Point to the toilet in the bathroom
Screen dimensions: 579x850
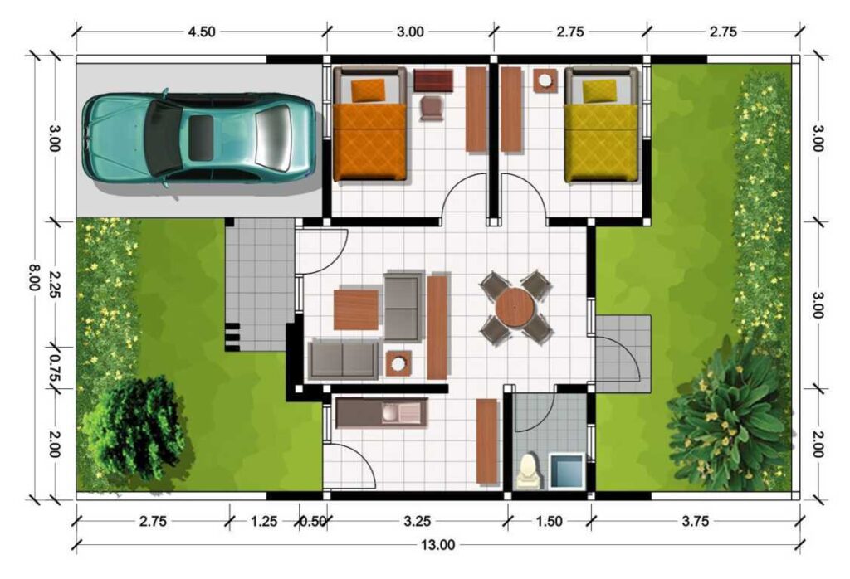[x=528, y=470]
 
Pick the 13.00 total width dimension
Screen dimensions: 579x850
[x=437, y=545]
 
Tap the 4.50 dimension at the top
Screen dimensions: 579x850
[x=202, y=32]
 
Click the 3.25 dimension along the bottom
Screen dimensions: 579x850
[x=418, y=522]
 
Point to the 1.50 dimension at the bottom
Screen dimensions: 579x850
[x=550, y=522]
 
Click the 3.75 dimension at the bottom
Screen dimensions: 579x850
[x=695, y=522]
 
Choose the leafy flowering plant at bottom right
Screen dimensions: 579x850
[x=729, y=415]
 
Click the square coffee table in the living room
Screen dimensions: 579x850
[x=356, y=309]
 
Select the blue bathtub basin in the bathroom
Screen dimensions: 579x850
[x=567, y=470]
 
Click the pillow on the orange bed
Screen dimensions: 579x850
[x=369, y=90]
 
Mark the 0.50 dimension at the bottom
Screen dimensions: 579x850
[x=313, y=522]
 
